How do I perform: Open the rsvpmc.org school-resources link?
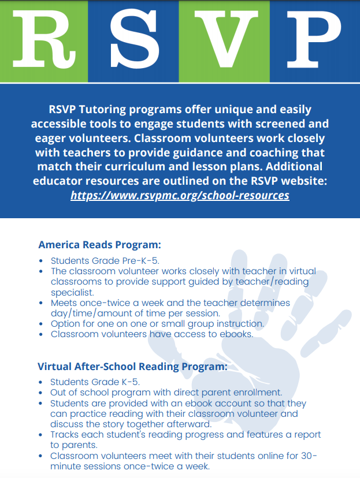(x=180, y=195)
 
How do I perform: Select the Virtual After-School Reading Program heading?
(x=132, y=366)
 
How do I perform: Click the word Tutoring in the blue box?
(x=98, y=110)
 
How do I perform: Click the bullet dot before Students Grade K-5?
(x=40, y=382)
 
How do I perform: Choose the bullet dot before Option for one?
(x=40, y=324)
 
